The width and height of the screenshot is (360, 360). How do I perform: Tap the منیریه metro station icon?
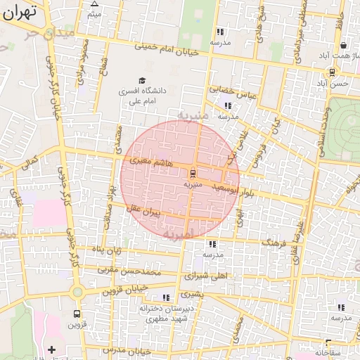pos(193,173)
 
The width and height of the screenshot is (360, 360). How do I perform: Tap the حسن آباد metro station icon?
pos(332,72)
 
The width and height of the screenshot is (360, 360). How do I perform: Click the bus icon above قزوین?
pos(77,314)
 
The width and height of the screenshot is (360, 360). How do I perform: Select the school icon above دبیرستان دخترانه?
pos(167,297)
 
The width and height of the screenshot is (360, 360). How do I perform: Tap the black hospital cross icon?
pos(51,349)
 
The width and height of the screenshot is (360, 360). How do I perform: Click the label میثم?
pos(94,14)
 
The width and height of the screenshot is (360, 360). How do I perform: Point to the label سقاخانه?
pos(328,351)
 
